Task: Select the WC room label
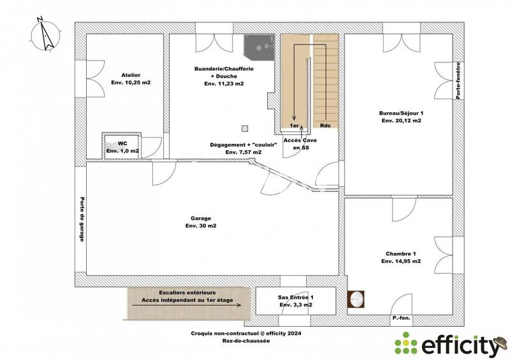(x=122, y=143)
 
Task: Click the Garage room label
(x=201, y=218)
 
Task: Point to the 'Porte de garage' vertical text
(x=82, y=218)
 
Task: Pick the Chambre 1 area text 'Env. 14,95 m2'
(x=401, y=261)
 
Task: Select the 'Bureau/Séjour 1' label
(x=401, y=112)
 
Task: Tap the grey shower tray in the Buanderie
(x=258, y=45)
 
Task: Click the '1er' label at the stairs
(x=294, y=126)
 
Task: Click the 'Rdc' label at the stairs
(x=324, y=126)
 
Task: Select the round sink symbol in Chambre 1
(x=356, y=298)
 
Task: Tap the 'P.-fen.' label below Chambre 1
(x=402, y=317)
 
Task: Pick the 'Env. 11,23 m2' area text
(x=224, y=83)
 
